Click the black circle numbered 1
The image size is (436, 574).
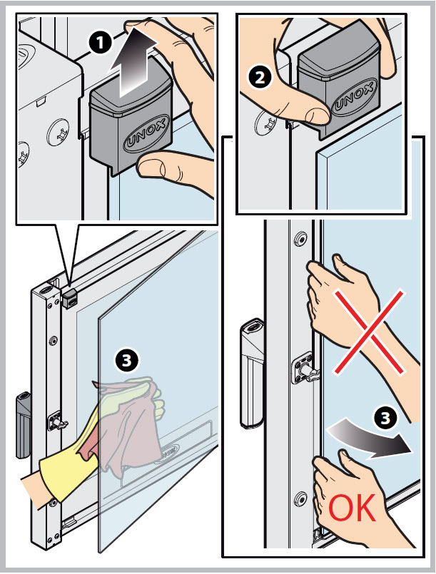point(100,43)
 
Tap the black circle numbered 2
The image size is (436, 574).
point(260,78)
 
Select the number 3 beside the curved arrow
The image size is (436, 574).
point(385,417)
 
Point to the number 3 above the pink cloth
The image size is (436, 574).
point(126,360)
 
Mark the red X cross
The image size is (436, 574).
point(370,332)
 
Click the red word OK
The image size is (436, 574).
point(352,508)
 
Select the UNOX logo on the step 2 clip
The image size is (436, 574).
point(353,98)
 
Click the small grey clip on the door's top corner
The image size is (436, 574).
point(70,297)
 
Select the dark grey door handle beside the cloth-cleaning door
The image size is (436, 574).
point(23,426)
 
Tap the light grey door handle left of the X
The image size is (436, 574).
point(252,373)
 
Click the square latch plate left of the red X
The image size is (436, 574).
point(303,367)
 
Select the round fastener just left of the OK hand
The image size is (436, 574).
point(301,498)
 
